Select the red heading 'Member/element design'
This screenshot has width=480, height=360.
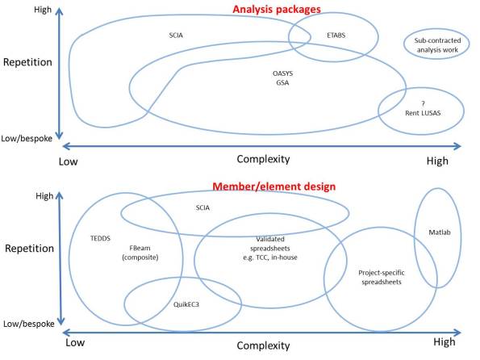[x=253, y=186]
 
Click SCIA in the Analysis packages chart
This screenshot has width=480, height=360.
[x=176, y=36]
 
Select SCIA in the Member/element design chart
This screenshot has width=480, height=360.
[x=202, y=207]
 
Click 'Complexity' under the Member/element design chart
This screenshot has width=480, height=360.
[x=263, y=345]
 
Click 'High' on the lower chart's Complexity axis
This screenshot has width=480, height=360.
[x=436, y=343]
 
